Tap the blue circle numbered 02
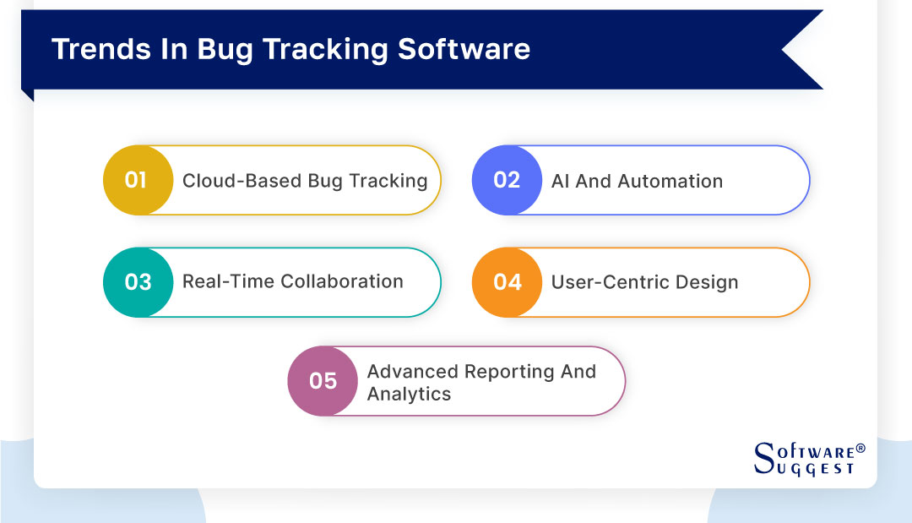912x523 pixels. click(507, 180)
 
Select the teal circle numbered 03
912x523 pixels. click(138, 281)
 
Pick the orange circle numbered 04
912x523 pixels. click(507, 281)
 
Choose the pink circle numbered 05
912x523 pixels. click(323, 381)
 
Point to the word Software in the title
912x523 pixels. click(464, 49)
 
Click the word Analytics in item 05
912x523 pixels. click(409, 394)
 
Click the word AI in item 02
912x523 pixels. click(560, 181)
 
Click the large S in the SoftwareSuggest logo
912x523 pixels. click(763, 456)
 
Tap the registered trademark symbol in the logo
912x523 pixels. click(860, 448)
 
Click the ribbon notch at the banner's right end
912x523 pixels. click(798, 50)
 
